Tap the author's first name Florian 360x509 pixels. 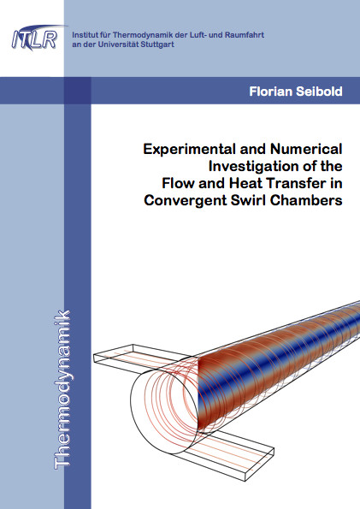click(271, 92)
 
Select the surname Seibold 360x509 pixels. click(319, 92)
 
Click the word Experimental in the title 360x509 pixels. click(190, 150)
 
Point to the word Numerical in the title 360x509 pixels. click(306, 150)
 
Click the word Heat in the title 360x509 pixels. click(245, 183)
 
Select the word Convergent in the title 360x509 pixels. click(186, 201)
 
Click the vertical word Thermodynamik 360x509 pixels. click(62, 390)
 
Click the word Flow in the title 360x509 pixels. click(178, 183)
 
